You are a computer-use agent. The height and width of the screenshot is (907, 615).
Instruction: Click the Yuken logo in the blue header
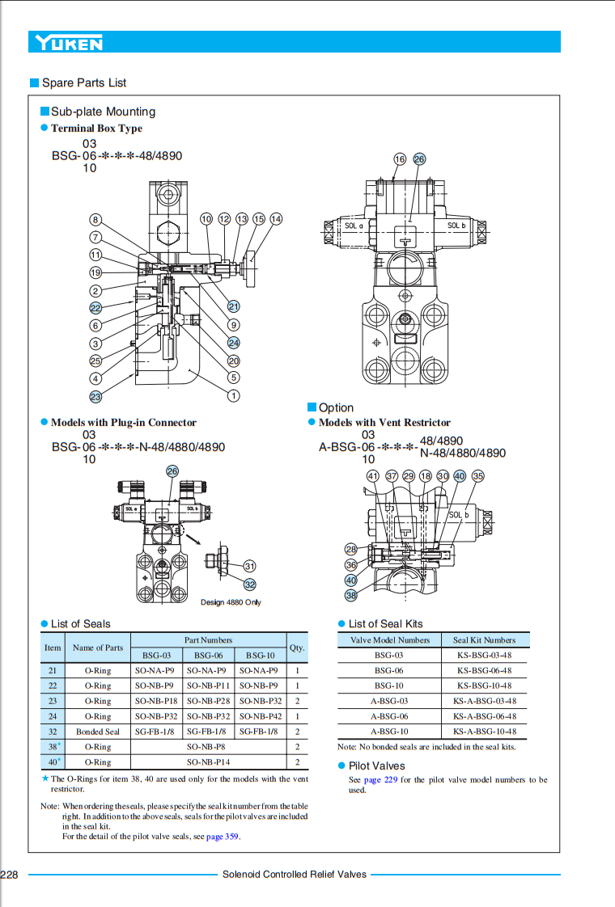[x=68, y=42]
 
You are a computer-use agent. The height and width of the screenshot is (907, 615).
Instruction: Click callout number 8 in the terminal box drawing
[x=95, y=220]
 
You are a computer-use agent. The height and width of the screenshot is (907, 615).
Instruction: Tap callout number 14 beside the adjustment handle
[x=276, y=219]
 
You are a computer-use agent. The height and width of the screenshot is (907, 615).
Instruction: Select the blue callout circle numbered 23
[x=95, y=396]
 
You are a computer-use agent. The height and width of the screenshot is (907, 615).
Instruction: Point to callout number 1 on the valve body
[x=234, y=395]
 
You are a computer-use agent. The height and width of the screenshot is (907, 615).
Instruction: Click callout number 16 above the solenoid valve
[x=400, y=159]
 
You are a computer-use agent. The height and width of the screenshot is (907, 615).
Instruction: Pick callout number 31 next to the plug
[x=250, y=566]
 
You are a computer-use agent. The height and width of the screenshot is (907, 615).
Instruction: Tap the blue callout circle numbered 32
[x=250, y=584]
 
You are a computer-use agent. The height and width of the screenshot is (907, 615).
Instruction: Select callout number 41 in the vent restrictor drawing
[x=373, y=476]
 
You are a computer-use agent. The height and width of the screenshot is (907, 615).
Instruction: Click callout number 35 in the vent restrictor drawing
[x=478, y=476]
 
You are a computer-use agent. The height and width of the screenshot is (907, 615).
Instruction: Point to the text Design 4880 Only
[x=231, y=602]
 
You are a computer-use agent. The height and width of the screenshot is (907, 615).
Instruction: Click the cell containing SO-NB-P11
[x=209, y=686]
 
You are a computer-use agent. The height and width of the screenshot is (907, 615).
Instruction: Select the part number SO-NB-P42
[x=261, y=716]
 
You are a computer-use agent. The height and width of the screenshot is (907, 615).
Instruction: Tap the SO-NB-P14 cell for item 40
[x=209, y=762]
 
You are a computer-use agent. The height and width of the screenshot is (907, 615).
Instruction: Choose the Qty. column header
[x=297, y=648]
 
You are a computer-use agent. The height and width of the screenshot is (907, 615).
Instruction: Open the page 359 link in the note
[x=223, y=837]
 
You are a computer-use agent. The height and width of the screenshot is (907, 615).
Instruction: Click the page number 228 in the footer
[x=10, y=875]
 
